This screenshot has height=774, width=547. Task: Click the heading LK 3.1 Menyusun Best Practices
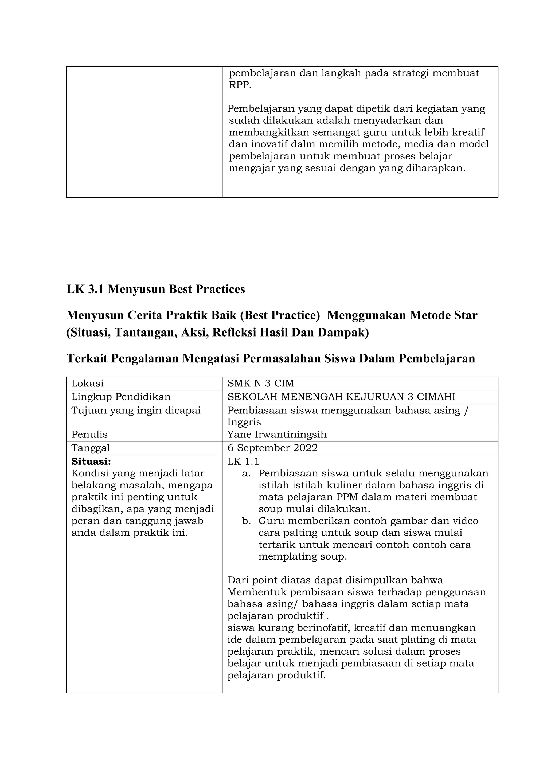pos(155,289)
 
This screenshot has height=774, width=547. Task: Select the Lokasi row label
pos(87,383)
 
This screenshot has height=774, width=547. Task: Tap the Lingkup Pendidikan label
pos(121,397)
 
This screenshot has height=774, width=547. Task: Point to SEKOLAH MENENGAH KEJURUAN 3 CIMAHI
pos(341,397)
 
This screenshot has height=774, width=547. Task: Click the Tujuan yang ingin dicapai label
pos(136,410)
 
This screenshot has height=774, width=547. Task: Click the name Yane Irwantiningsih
pos(277,434)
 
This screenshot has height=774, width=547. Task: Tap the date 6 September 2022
pos(272,448)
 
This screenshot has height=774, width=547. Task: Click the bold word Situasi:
pos(91,461)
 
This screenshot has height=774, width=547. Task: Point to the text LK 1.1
pos(243,461)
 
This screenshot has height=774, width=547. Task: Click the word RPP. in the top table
pos(240,85)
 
